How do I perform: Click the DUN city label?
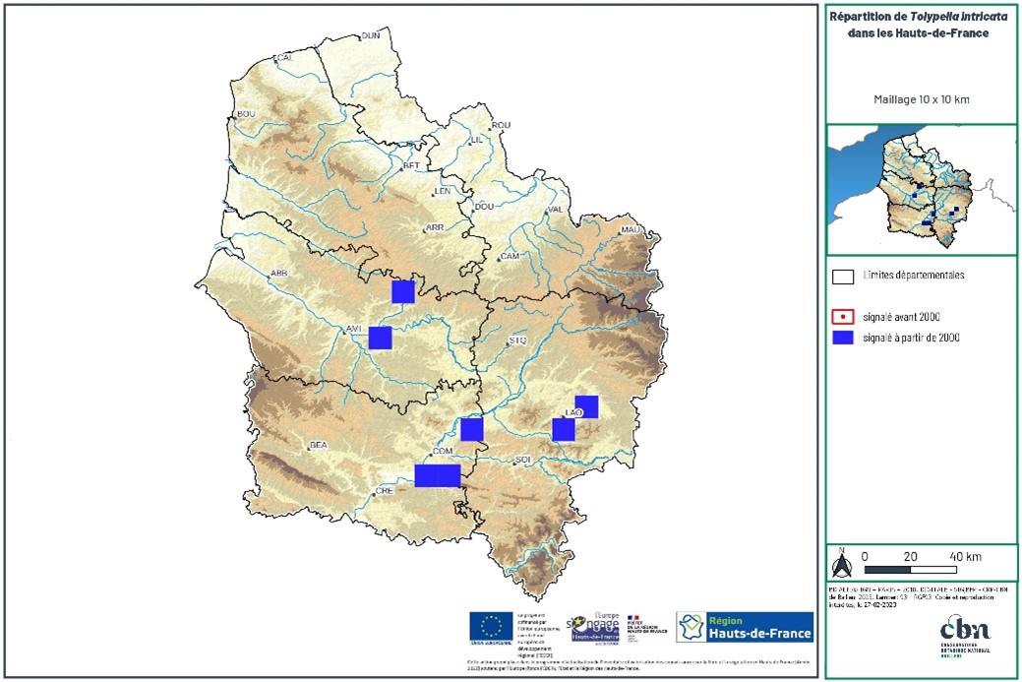tap(371, 36)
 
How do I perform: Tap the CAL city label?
tap(286, 58)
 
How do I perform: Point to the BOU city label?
tap(246, 114)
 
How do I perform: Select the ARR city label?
tap(435, 228)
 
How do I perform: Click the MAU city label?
tap(631, 230)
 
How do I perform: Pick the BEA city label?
tap(318, 445)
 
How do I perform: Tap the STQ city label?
tap(519, 341)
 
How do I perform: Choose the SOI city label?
tap(522, 460)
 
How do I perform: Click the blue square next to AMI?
tap(381, 338)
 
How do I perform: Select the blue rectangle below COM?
tap(438, 475)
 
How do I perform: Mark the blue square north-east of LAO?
tap(586, 406)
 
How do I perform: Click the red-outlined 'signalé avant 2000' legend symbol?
tap(843, 317)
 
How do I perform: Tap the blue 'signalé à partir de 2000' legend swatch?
tap(843, 338)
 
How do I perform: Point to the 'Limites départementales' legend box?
tap(843, 277)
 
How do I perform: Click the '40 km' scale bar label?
tap(966, 557)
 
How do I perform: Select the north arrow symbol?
tap(841, 564)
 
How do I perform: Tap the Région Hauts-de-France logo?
tap(745, 627)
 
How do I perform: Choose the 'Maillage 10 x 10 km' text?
tap(920, 99)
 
